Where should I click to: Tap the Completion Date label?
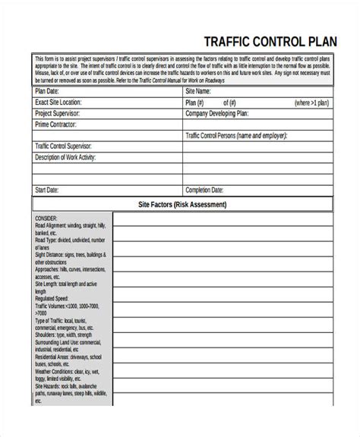204,189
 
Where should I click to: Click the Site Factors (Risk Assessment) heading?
182,205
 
